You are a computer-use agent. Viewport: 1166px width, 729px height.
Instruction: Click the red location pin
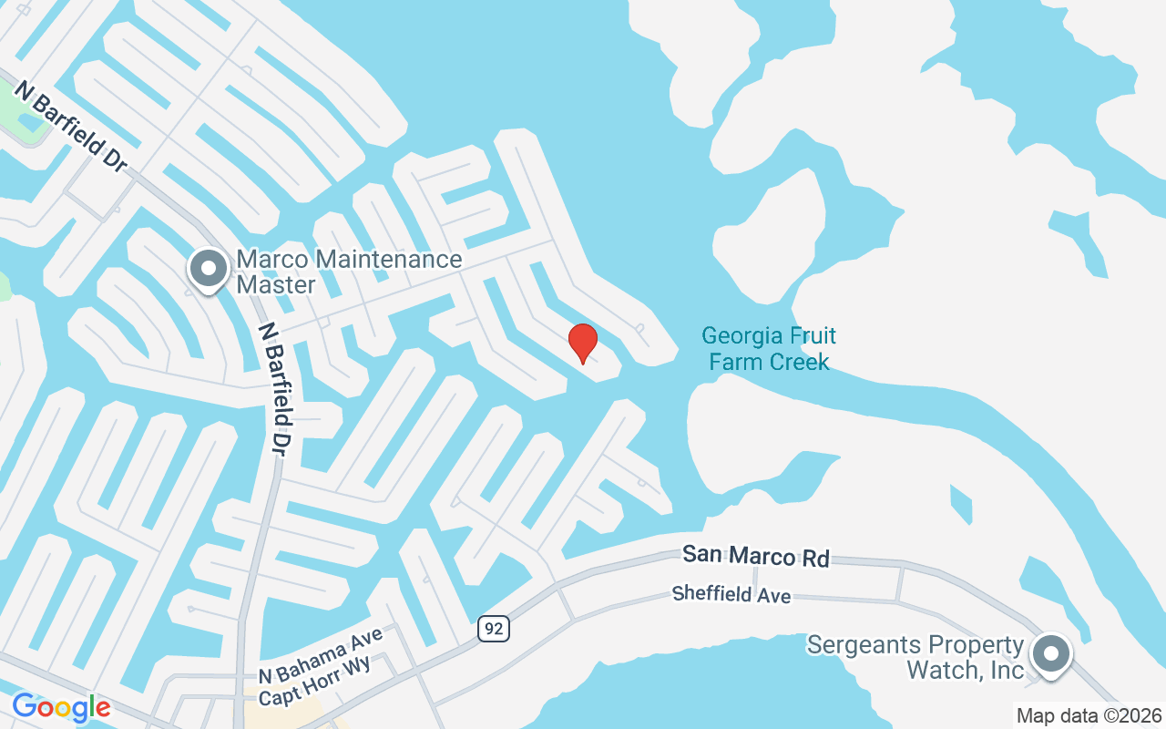(582, 343)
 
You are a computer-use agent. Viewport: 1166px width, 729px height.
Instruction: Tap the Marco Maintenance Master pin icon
(209, 270)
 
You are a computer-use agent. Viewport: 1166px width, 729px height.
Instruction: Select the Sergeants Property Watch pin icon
(1050, 653)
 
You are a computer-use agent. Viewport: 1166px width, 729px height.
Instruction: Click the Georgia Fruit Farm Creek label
(769, 349)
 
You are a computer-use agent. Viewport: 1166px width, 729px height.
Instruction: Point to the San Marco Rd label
(756, 555)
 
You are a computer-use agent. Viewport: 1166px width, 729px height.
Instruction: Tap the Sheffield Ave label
(731, 594)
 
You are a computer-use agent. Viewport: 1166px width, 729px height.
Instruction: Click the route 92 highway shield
(492, 628)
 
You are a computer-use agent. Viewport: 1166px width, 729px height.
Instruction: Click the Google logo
(61, 707)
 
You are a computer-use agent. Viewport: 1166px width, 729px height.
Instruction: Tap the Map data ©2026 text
(1089, 716)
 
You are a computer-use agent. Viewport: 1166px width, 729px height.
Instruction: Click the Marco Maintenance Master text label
(349, 272)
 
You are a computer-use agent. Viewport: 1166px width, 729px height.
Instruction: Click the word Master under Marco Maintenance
(276, 285)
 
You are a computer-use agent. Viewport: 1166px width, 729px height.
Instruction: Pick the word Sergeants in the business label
(857, 645)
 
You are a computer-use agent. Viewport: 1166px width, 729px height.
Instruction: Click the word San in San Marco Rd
(701, 553)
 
